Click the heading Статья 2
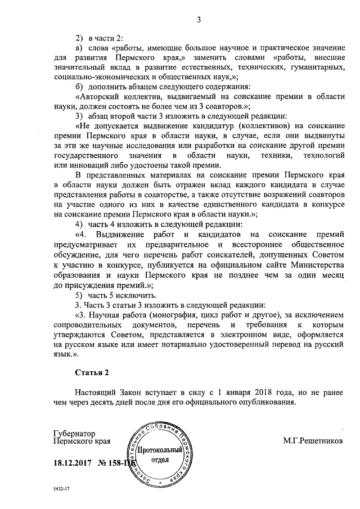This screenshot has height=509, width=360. (90, 372)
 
